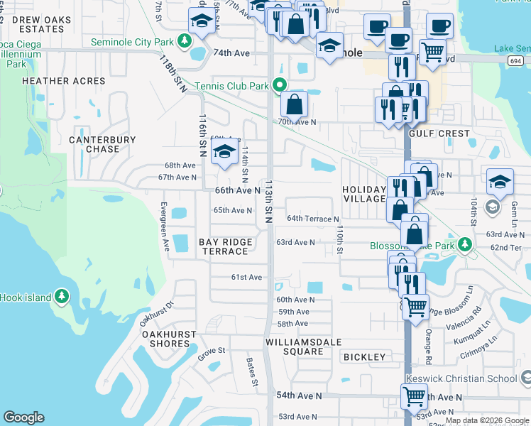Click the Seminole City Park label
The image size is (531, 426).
point(132,42)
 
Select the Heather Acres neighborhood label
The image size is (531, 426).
point(64,81)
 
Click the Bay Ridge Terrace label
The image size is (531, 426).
point(226,246)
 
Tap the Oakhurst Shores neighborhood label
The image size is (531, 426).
point(166,339)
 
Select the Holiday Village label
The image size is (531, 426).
point(363,194)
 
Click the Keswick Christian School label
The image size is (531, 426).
point(461,378)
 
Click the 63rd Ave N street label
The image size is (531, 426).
point(295,242)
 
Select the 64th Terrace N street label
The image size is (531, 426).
point(312,219)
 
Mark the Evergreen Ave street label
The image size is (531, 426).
point(165,227)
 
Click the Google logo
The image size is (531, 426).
point(23,417)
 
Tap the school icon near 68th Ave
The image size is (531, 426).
point(224,152)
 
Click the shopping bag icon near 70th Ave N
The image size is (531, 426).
point(294,105)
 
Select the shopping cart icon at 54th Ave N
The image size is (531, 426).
point(414,395)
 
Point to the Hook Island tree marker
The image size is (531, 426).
point(62,295)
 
